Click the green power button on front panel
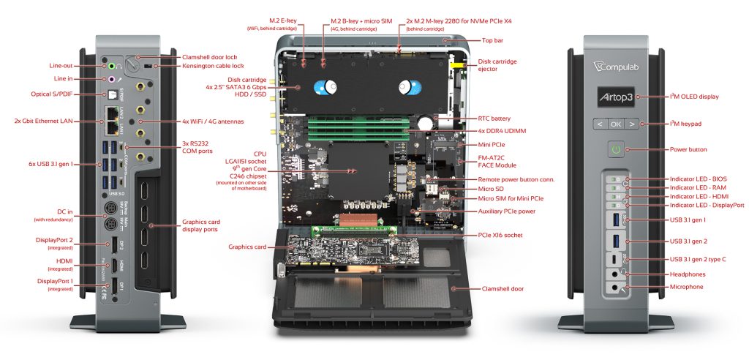point(615,149)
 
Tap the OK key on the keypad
point(615,124)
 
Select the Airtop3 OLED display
point(615,97)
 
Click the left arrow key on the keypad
point(598,124)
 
